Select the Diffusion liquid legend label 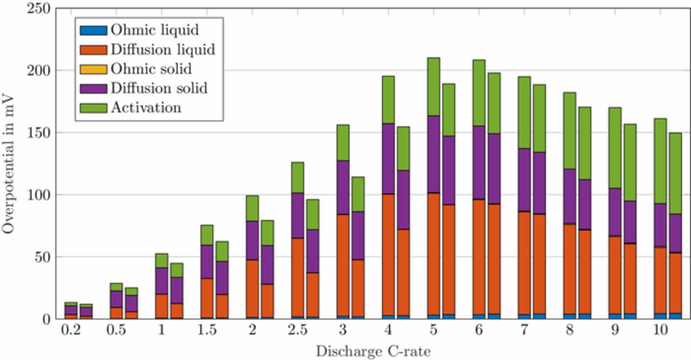point(162,49)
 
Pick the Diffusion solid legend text point(159,88)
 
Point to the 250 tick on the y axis point(38,9)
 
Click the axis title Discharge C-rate point(373,351)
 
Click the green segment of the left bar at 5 point(433,86)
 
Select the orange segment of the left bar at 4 point(388,254)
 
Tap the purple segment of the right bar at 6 point(494,168)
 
